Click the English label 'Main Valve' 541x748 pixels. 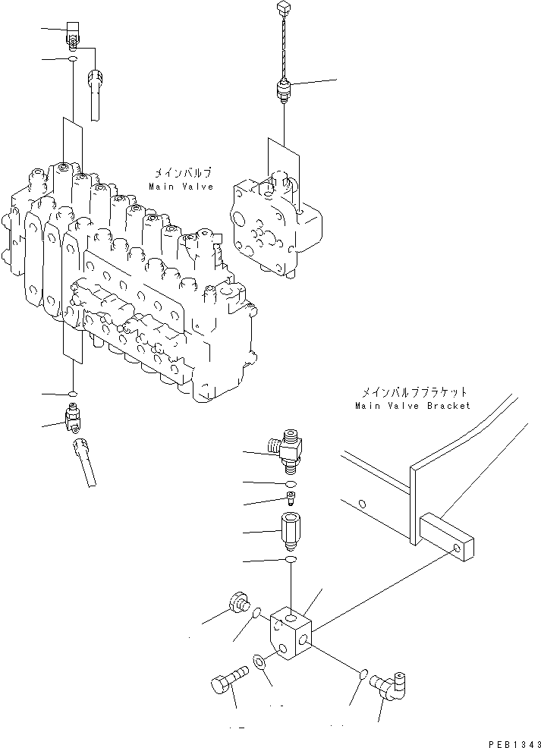(181, 186)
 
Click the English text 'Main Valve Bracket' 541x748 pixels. (412, 406)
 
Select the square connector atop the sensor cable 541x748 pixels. (285, 8)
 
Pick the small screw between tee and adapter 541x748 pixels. (291, 499)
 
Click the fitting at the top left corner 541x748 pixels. (73, 32)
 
